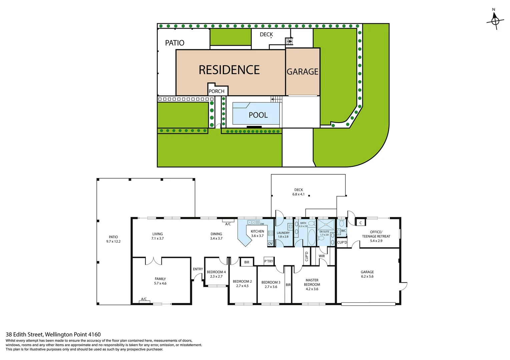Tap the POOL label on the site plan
258,115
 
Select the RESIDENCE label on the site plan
229,70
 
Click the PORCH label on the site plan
216,91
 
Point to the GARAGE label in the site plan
303,72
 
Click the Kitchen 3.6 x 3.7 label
257,233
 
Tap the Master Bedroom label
312,284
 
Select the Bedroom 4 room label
216,274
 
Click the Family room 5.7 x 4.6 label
160,281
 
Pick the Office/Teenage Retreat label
376,236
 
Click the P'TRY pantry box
269,261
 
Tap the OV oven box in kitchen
270,244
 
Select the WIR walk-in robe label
322,256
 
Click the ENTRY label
198,269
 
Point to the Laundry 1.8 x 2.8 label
283,235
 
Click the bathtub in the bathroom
311,237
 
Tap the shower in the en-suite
326,224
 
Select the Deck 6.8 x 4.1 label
299,192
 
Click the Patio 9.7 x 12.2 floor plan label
113,239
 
